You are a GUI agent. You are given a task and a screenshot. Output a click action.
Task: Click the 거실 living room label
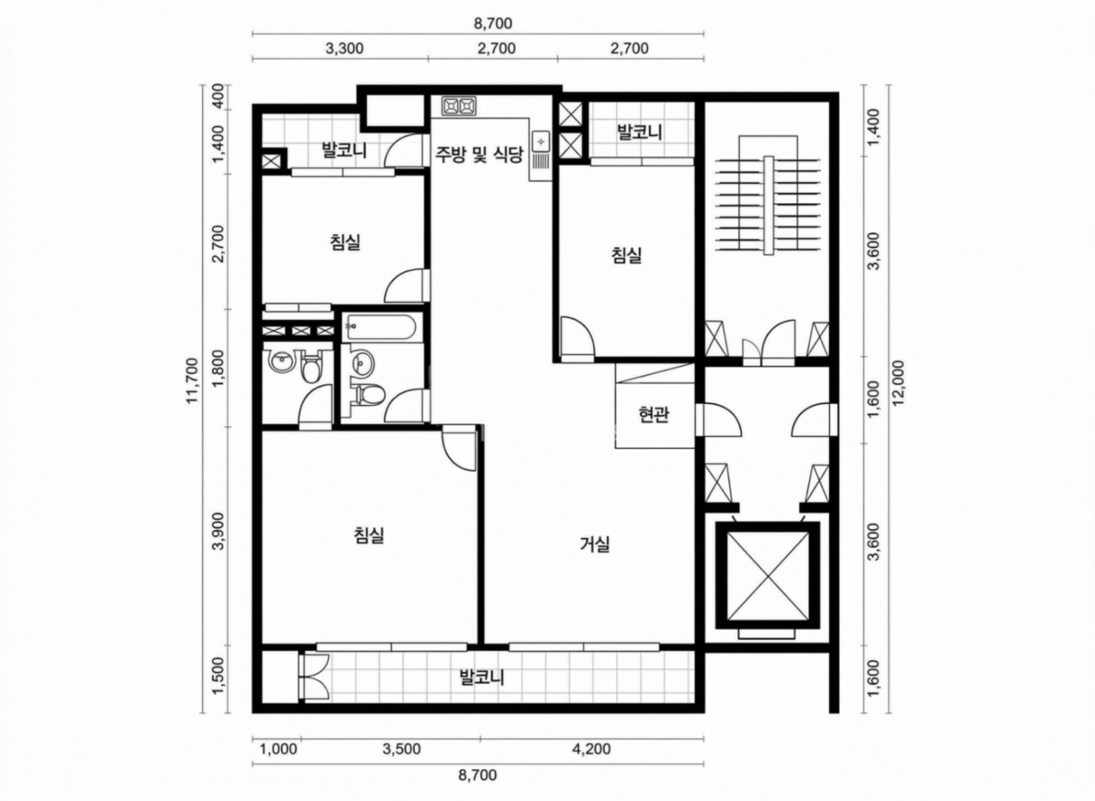(594, 545)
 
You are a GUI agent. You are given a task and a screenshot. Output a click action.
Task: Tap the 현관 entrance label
(653, 414)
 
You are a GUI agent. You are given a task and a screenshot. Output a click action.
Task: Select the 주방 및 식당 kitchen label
(478, 154)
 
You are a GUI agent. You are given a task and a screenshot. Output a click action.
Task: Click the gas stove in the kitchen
(458, 107)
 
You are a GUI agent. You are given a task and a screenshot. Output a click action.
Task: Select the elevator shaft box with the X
(768, 575)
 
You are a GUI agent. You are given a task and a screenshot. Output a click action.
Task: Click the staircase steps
(769, 205)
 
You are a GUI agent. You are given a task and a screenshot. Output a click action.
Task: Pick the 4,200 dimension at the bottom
(591, 749)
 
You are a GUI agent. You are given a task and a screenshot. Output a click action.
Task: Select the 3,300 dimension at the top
(344, 48)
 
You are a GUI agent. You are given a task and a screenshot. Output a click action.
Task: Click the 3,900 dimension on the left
(218, 536)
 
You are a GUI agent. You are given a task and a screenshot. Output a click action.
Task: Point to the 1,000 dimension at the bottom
(278, 749)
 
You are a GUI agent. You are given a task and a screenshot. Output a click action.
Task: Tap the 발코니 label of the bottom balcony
(481, 677)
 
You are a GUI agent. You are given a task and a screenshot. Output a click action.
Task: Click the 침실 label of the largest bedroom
(369, 534)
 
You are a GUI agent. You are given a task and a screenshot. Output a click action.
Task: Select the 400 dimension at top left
(218, 97)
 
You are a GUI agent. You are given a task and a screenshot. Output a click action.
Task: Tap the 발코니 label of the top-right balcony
(640, 132)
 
